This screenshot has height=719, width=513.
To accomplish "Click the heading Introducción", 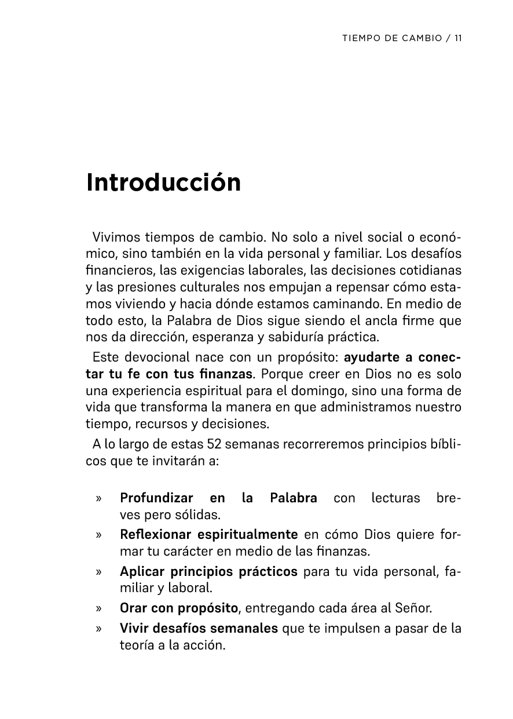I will pyautogui.click(x=163, y=183).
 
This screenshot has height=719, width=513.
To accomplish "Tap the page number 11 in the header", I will pyautogui.click(x=458, y=38).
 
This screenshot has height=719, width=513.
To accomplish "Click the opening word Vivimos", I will pyautogui.click(x=112, y=238).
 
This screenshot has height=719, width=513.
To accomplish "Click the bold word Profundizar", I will pyautogui.click(x=156, y=498).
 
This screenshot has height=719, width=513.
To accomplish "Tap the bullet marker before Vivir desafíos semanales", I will pyautogui.click(x=100, y=628).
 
